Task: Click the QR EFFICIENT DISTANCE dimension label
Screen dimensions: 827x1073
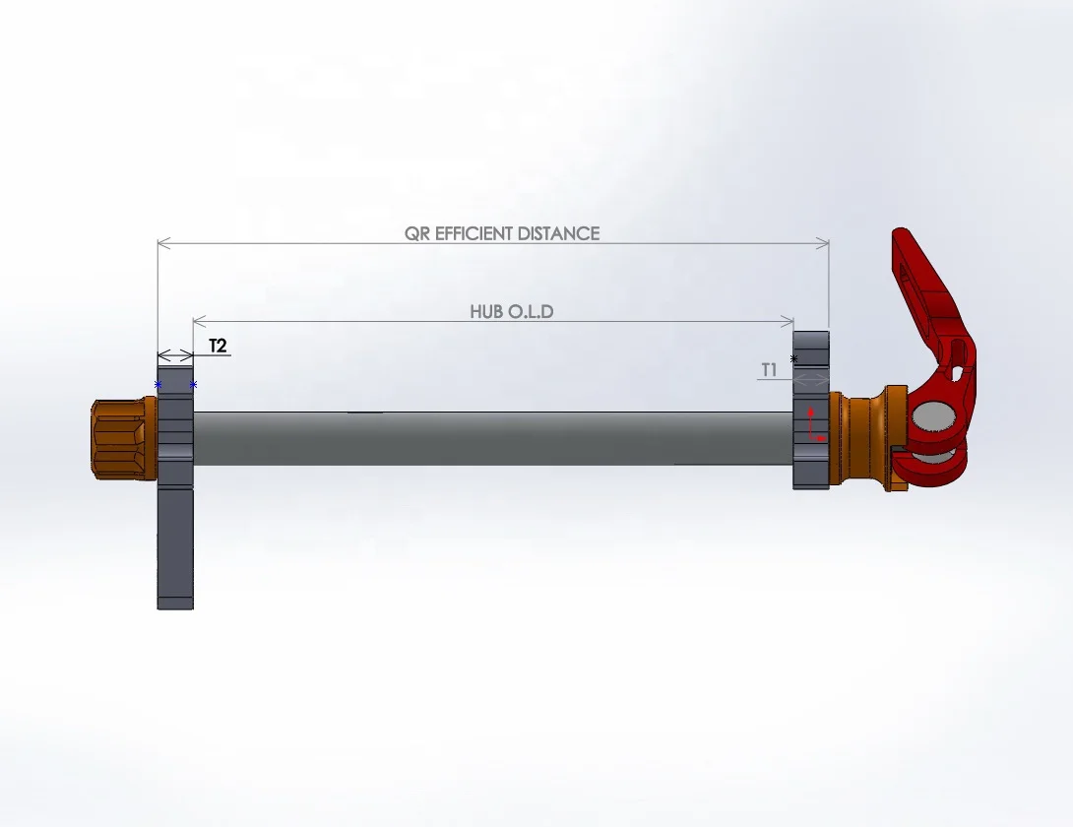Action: [502, 233]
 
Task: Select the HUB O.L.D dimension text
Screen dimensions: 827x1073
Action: [512, 312]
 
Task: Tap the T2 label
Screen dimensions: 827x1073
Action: [218, 346]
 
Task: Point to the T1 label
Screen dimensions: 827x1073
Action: [769, 370]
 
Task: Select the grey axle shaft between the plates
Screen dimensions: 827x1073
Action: [492, 438]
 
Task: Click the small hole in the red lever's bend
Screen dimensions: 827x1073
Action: [951, 372]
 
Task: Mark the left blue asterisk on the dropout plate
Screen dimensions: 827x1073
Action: [158, 385]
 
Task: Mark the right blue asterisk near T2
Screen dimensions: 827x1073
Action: [193, 385]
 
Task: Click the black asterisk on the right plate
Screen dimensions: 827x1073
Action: [793, 359]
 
